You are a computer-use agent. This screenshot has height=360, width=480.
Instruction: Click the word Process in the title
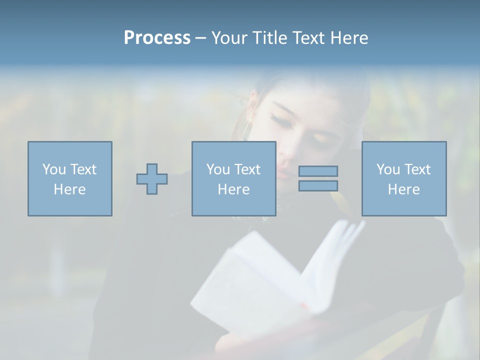coord(157,38)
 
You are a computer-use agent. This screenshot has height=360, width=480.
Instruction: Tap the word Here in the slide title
coord(348,38)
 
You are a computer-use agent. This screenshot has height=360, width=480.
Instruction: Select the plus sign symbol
coord(152,178)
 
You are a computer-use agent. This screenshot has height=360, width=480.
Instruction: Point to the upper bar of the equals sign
coord(318,171)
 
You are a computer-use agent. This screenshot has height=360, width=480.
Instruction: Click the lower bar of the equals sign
coord(318,185)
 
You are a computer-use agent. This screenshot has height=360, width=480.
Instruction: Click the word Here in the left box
coord(70,189)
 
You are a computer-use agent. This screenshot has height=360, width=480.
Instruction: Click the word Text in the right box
coord(418,169)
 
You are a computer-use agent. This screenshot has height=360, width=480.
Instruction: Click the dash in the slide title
coord(200,38)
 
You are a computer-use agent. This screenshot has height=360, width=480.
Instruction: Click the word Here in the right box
coord(404,189)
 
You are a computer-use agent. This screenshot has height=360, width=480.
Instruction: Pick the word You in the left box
coord(54,169)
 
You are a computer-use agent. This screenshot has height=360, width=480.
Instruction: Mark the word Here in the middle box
coord(234,189)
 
